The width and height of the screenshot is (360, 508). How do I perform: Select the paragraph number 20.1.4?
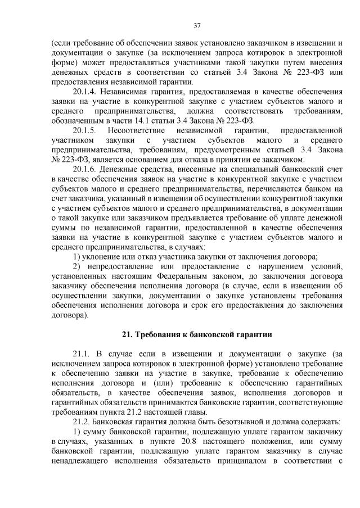[86, 90]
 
